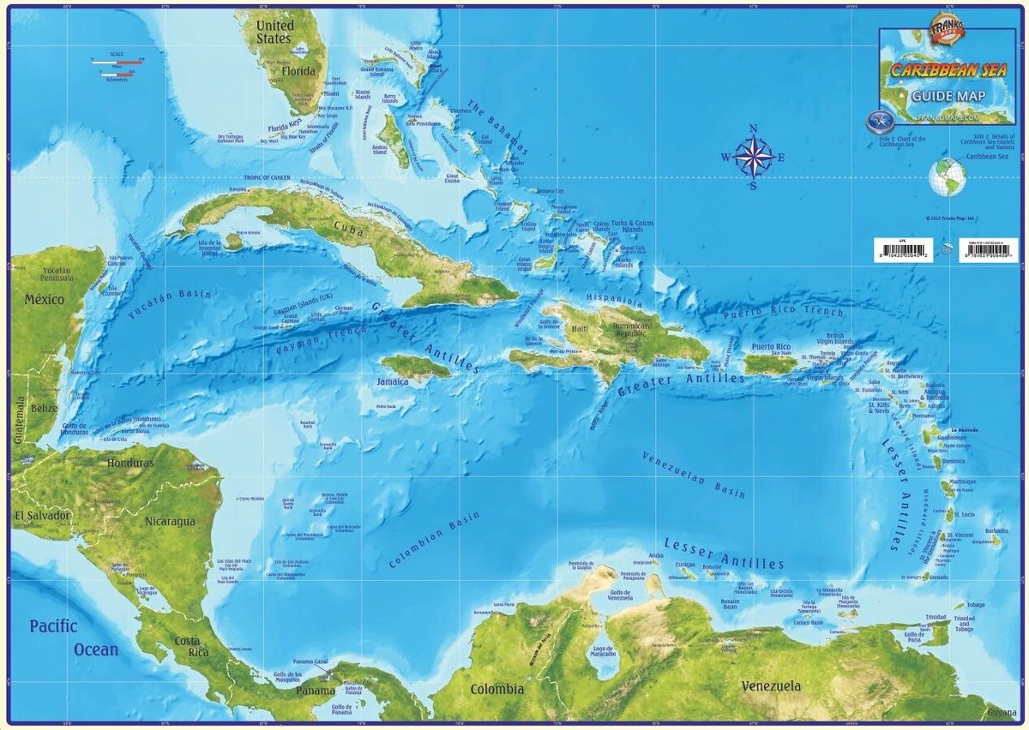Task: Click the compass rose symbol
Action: [752, 157]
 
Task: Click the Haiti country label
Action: [581, 329]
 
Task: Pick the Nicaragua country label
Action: [170, 521]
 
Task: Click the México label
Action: [45, 300]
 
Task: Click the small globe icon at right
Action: [948, 177]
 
